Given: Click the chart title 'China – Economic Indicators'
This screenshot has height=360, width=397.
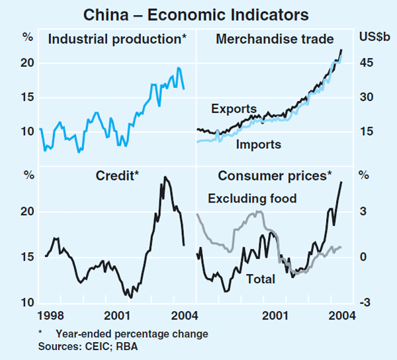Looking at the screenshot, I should pos(198,13).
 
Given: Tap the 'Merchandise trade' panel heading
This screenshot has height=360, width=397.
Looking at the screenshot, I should pos(275,39).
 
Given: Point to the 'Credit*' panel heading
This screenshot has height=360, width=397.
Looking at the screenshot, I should pos(117,175).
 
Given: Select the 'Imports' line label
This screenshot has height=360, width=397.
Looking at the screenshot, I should pos(259,144).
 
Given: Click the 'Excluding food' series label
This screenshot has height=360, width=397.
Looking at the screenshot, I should pos(252,198).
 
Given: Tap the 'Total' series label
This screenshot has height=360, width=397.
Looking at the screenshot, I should pos(260,279).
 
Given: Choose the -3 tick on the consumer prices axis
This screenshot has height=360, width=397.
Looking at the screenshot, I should pos(364,303).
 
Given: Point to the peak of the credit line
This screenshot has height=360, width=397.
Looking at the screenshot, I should pos(165,177).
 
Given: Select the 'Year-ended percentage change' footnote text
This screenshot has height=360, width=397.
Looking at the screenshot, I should pos(132,334).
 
